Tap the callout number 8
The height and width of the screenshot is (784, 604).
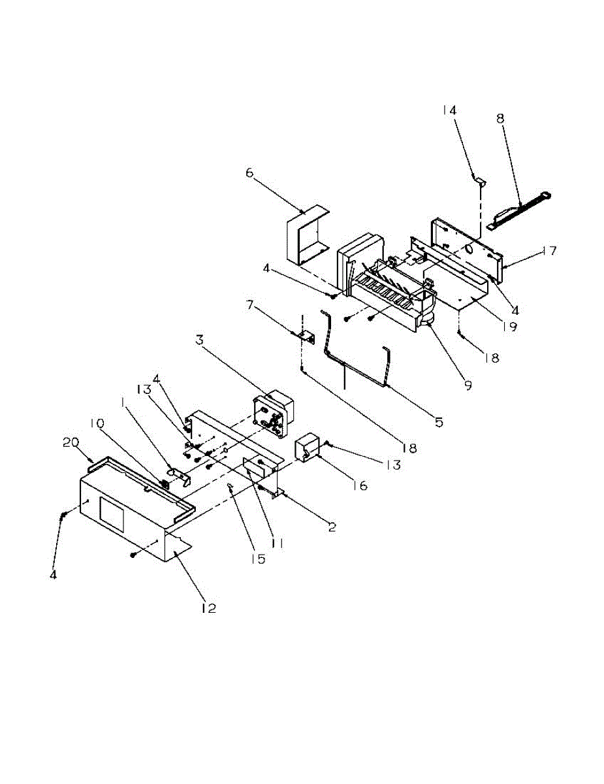pos(500,119)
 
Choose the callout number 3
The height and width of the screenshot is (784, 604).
pos(200,340)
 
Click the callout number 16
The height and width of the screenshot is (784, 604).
pos(361,485)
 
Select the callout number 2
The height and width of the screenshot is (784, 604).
pos(332,527)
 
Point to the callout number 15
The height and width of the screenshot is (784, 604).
pos(260,559)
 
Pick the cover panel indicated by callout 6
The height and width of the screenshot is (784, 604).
pos(306,235)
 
